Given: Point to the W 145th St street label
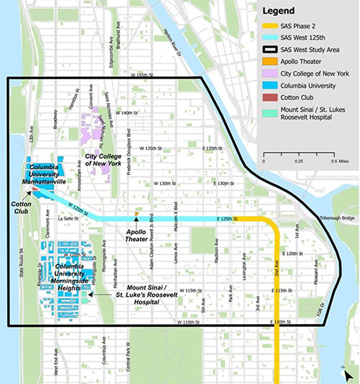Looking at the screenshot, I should click(143, 74).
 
